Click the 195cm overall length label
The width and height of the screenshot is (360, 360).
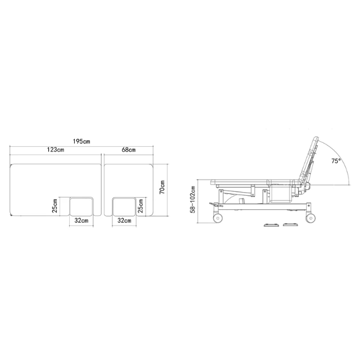click(x=82, y=141)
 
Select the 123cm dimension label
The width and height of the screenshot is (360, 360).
click(x=56, y=150)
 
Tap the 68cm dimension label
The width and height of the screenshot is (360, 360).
click(x=129, y=150)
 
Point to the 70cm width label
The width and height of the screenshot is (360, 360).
click(x=162, y=187)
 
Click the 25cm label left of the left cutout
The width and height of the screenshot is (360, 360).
click(x=55, y=206)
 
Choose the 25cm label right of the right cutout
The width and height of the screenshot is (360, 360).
click(x=141, y=206)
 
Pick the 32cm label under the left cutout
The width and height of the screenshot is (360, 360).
click(x=81, y=221)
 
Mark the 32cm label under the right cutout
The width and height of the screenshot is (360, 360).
click(x=124, y=221)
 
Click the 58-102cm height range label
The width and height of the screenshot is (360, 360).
click(x=193, y=200)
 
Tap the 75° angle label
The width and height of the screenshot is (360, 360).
click(x=336, y=161)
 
